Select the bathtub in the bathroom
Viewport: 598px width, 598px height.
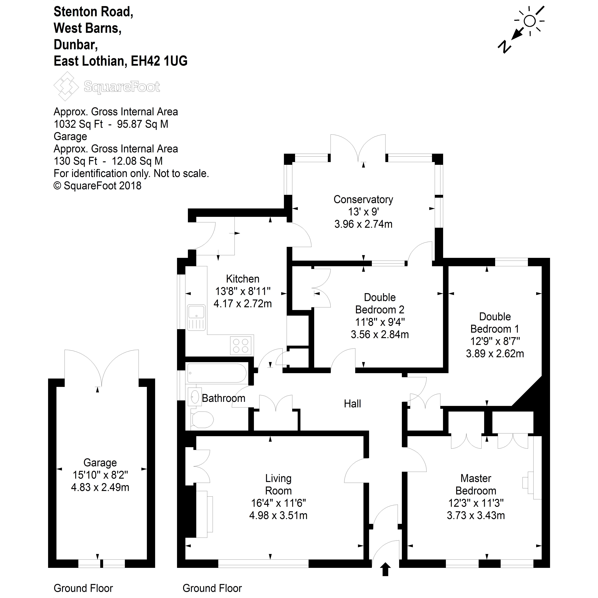[217, 373]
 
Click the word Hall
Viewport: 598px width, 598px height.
[352, 404]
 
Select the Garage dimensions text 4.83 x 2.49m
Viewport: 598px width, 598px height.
[100, 487]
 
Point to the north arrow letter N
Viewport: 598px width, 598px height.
[504, 46]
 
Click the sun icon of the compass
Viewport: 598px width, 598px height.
[530, 21]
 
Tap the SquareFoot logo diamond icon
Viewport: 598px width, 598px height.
[66, 86]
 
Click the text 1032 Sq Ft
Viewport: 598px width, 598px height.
[78, 124]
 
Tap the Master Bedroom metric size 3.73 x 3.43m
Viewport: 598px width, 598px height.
[476, 515]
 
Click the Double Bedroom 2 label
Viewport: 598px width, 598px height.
[380, 303]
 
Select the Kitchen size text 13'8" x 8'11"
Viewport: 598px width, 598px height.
[243, 291]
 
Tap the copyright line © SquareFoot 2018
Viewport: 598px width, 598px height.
[97, 186]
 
